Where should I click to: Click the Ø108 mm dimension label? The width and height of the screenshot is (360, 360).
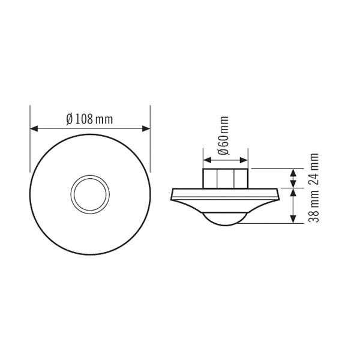(x=90, y=118)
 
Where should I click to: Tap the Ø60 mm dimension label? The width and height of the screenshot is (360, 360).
(x=224, y=137)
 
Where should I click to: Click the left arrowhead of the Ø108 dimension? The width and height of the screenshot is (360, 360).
(x=34, y=128)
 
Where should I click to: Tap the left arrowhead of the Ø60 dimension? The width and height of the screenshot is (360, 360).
(x=207, y=160)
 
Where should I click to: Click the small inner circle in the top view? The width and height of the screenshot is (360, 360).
(x=90, y=194)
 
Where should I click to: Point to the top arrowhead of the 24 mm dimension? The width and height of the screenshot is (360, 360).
(x=293, y=173)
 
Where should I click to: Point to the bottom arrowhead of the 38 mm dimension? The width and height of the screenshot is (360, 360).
(x=293, y=219)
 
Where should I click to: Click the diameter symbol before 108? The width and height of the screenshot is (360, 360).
(x=70, y=118)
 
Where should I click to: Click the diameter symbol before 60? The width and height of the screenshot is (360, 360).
(x=224, y=151)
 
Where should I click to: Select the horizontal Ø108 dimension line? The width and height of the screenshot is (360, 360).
(x=90, y=128)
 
